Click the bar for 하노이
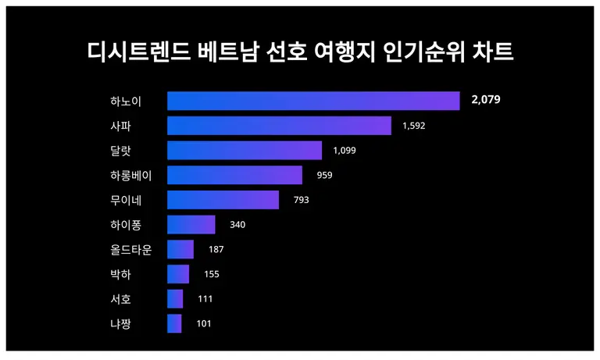click(x=313, y=101)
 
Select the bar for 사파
click(x=279, y=126)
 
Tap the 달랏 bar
click(x=245, y=151)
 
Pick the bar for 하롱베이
click(x=234, y=175)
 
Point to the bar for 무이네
click(x=223, y=200)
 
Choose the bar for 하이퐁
click(x=191, y=225)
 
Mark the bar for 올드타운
click(x=180, y=250)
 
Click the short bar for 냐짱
click(x=174, y=323)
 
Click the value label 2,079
click(x=485, y=100)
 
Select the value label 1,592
click(x=414, y=126)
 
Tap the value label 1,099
click(x=344, y=151)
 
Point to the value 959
click(x=324, y=175)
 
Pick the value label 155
click(x=210, y=274)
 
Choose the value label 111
click(x=205, y=299)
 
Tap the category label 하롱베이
click(x=131, y=175)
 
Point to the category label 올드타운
click(x=131, y=250)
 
